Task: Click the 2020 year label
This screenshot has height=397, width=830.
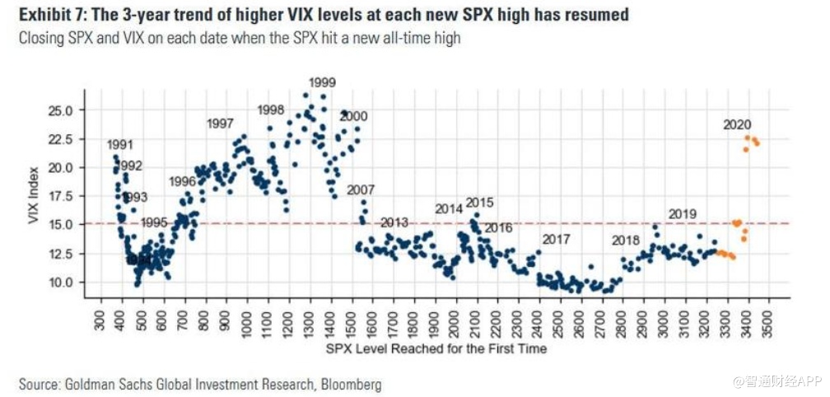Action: coord(737,125)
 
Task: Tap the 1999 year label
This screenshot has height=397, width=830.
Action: coord(322,82)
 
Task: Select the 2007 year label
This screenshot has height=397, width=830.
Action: coord(361,190)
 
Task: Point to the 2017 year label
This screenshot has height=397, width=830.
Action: coord(556,240)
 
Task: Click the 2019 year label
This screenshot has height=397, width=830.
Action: coord(683,214)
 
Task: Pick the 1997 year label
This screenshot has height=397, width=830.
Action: coord(220,124)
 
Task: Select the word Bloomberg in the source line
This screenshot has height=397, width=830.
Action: coord(350,384)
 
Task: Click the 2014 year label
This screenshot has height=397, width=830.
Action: coord(449,209)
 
